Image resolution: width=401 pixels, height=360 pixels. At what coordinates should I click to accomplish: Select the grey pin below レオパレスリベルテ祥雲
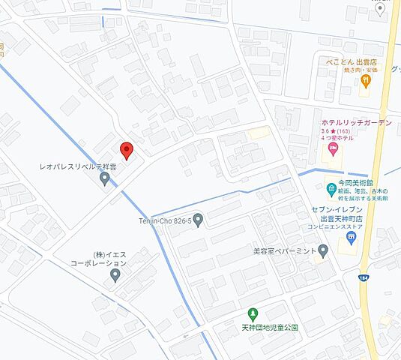point(105,178)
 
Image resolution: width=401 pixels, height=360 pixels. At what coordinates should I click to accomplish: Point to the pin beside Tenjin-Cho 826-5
point(198,220)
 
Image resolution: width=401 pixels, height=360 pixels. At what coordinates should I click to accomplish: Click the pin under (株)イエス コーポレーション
point(115,275)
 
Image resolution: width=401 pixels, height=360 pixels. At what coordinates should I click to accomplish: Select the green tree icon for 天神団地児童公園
point(253,313)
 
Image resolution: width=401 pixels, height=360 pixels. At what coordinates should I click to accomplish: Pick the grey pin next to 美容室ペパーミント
point(323,250)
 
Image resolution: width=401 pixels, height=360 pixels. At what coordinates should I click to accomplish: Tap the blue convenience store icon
point(349,238)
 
